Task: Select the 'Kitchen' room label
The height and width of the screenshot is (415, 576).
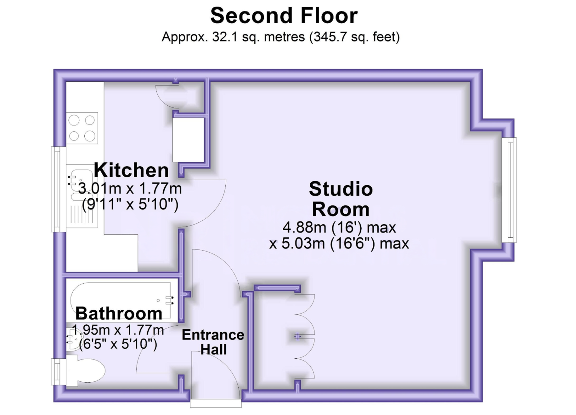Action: click(x=131, y=170)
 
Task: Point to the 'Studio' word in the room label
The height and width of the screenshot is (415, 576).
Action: click(x=341, y=189)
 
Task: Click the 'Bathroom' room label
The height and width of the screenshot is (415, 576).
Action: click(x=118, y=313)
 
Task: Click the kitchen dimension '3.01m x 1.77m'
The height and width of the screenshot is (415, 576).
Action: click(x=130, y=188)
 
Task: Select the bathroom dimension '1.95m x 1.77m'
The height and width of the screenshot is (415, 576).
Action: click(x=118, y=329)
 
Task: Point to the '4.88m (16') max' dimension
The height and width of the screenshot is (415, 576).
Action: click(x=339, y=227)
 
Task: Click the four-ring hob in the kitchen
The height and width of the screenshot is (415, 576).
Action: click(x=82, y=128)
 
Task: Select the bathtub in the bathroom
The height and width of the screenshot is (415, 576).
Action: click(x=121, y=301)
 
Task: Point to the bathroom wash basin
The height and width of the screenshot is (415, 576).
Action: click(x=73, y=339)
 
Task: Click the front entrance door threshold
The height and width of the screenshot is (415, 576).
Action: click(x=216, y=403)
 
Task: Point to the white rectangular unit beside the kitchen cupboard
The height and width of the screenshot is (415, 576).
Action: click(x=188, y=140)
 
